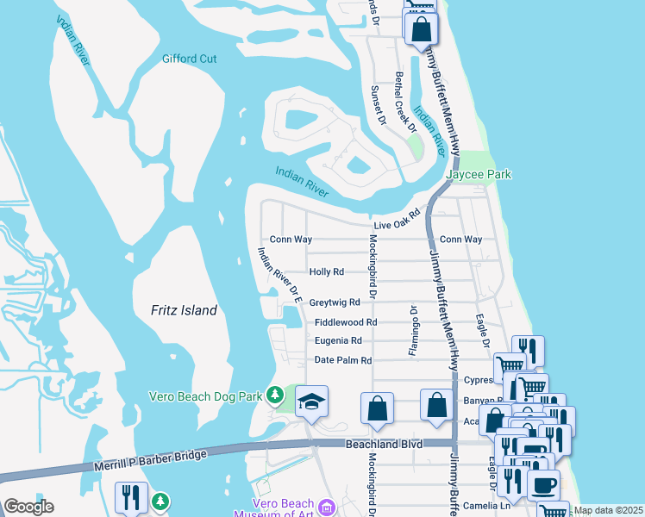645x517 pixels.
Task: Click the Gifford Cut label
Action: (189, 59)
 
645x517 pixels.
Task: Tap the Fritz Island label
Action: (184, 310)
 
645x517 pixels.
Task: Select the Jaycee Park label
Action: (479, 175)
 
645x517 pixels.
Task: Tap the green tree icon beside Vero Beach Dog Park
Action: (275, 396)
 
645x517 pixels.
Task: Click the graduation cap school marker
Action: (311, 401)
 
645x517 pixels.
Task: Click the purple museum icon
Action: (325, 508)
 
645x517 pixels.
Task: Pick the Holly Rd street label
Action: (326, 271)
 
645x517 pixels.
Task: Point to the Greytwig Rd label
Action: (334, 302)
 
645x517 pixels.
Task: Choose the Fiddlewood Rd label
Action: (346, 322)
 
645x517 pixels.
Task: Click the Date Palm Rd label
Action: (342, 360)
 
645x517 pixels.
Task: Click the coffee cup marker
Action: (543, 484)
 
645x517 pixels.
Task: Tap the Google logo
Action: (28, 506)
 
